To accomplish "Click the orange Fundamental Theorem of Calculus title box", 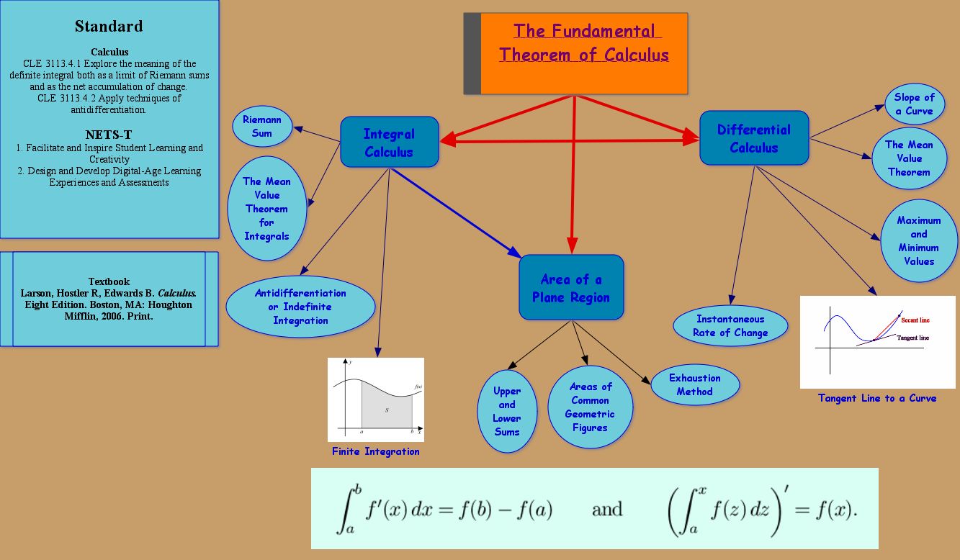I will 583,53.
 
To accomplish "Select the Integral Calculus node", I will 389,142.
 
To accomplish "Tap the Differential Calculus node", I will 753,137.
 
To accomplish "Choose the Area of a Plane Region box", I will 571,287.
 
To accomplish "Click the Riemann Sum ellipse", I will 262,126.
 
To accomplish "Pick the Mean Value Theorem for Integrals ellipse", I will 266,209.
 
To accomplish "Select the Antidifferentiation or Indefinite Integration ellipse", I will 300,307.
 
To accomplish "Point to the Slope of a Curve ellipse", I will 914,104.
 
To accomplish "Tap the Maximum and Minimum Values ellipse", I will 919,240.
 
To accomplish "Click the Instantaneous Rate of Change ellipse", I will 730,325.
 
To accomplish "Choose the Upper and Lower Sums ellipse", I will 507,411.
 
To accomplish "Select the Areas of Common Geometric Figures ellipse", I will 591,407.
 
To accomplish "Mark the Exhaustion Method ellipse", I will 695,384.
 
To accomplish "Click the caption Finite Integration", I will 375,451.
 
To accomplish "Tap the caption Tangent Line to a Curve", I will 877,397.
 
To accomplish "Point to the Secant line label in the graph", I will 915,320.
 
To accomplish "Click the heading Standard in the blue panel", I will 109,27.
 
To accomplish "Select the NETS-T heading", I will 109,135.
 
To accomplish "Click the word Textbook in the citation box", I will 109,281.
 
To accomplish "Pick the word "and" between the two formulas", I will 607,510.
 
